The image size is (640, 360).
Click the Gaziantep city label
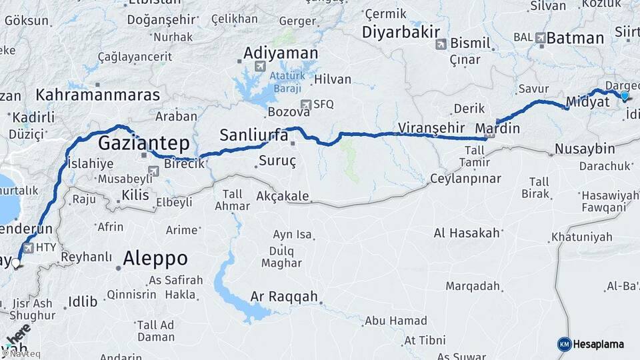point(144,143)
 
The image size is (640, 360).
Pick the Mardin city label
point(497,127)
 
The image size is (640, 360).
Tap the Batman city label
point(575,39)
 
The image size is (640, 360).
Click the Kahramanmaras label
point(98,95)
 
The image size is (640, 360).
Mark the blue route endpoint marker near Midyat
point(624,96)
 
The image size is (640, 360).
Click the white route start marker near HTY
point(16,263)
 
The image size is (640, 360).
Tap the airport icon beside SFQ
point(305,104)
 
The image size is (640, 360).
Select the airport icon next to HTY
point(29,247)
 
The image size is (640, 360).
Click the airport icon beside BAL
point(540,39)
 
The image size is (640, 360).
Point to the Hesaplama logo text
point(599,344)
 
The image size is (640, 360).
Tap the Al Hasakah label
point(467,233)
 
